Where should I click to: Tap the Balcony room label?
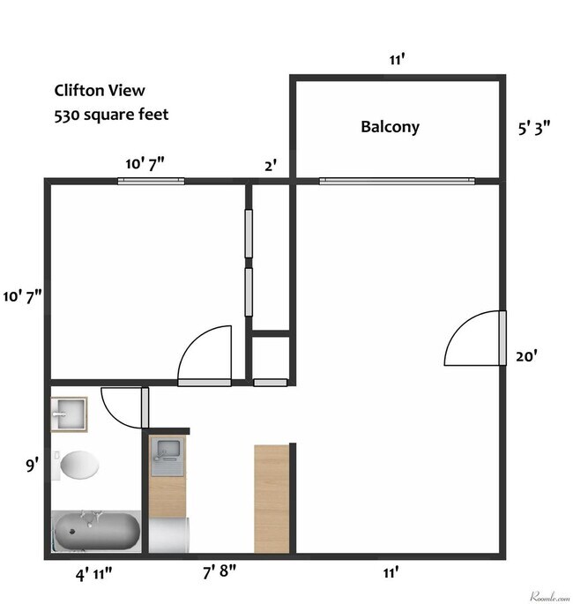tap(390, 127)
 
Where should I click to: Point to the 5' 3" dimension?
tap(534, 127)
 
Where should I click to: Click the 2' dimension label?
tap(271, 165)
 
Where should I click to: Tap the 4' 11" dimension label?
tap(93, 575)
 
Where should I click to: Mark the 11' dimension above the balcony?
tap(397, 60)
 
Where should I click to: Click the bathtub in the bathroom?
tap(96, 532)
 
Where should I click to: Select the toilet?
tap(78, 465)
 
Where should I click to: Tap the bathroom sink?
tap(69, 413)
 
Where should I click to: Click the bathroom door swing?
tap(124, 406)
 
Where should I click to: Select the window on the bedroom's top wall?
tap(151, 182)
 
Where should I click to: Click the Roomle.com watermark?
tap(548, 596)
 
